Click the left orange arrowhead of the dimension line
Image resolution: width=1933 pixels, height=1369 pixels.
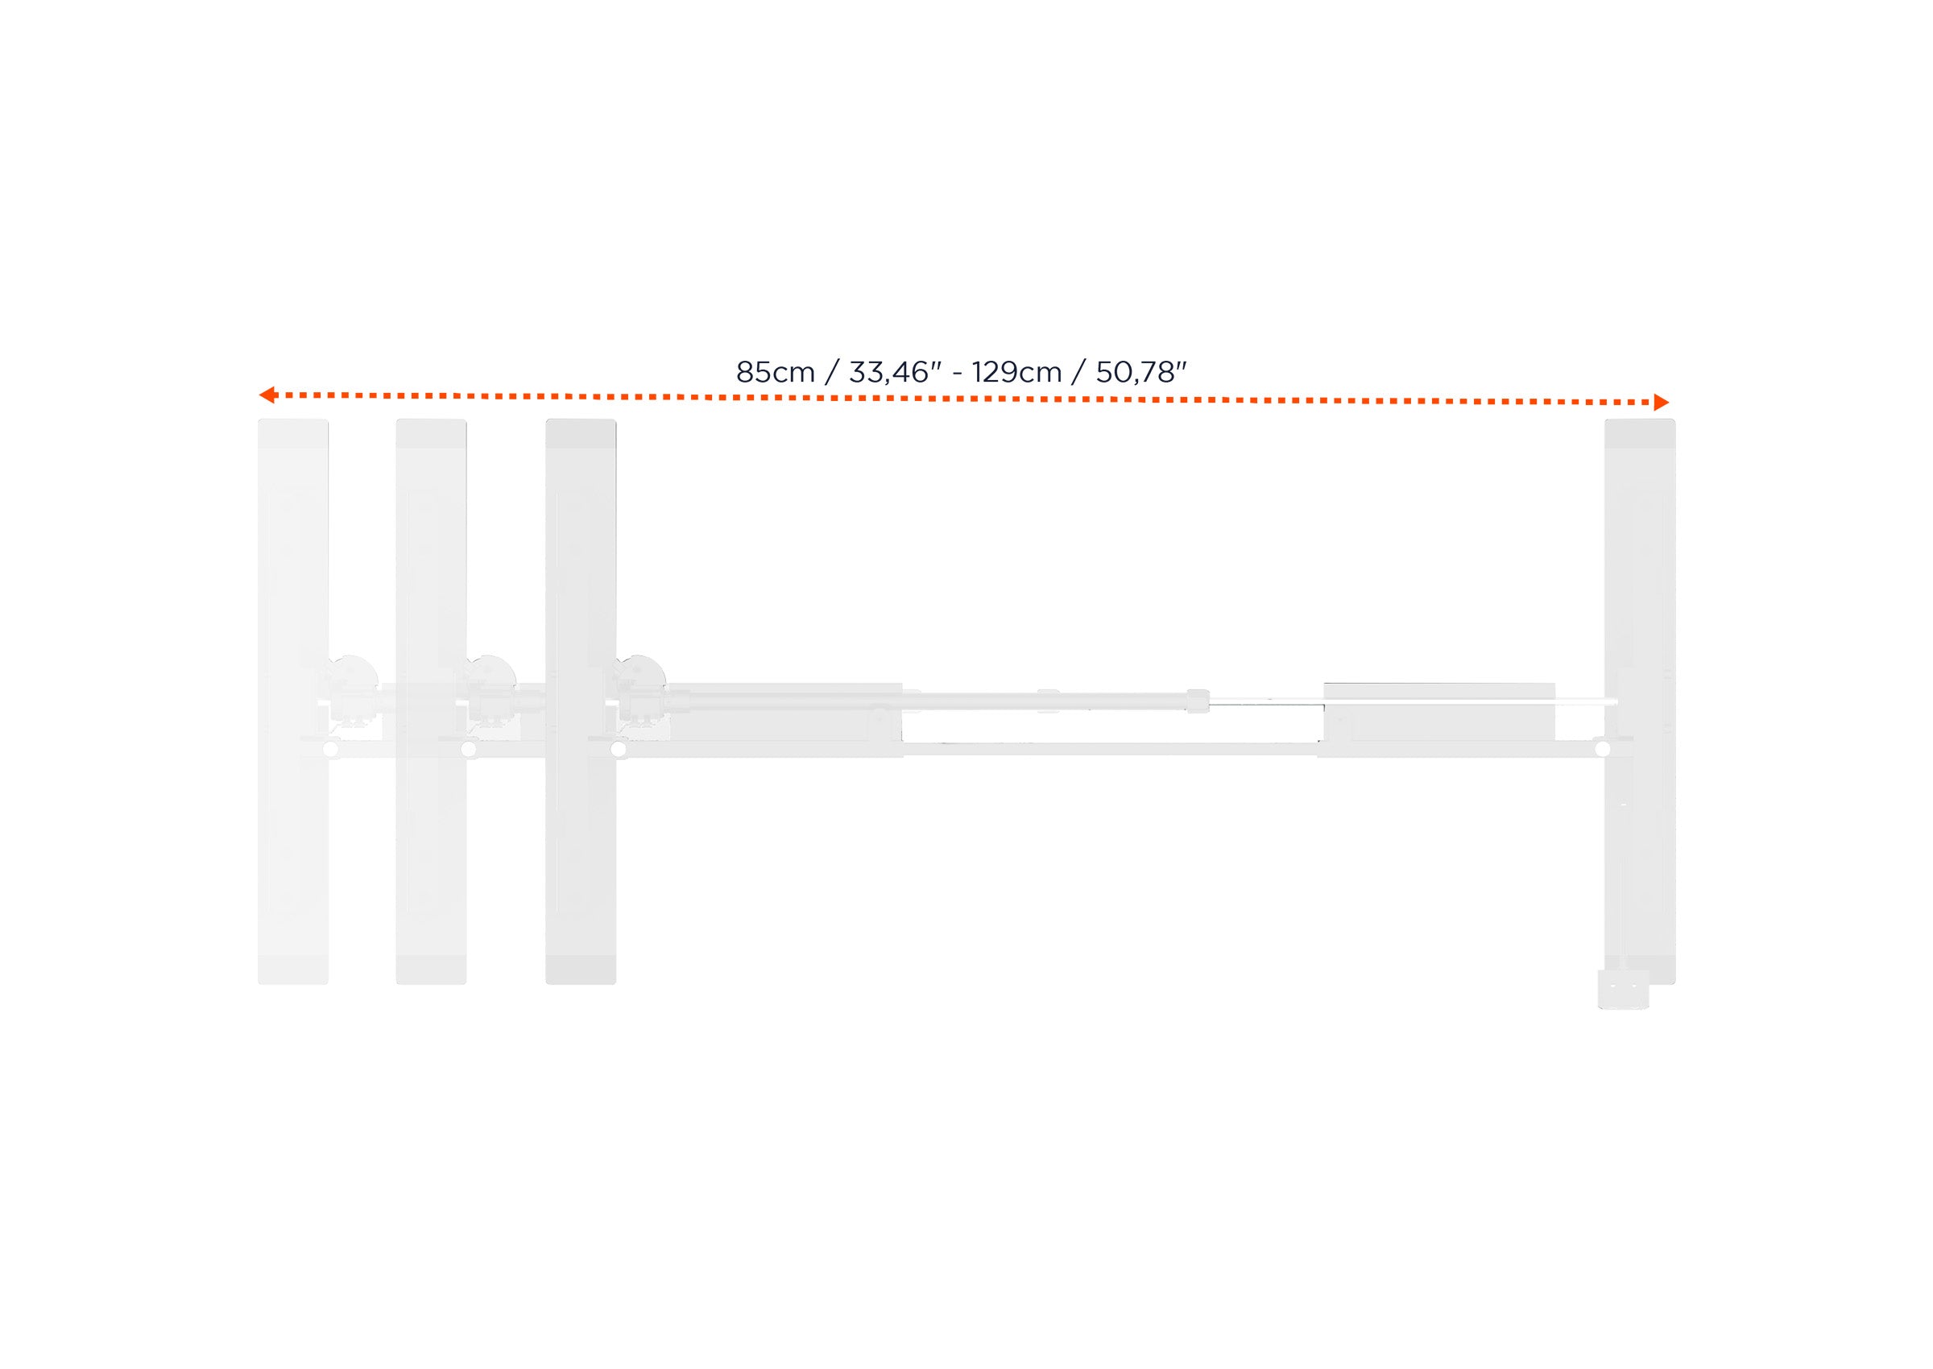click(267, 394)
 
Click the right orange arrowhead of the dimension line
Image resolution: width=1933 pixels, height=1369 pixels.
click(1661, 402)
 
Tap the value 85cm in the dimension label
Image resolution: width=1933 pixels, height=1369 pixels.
click(775, 372)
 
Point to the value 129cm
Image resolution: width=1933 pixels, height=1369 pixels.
click(1016, 372)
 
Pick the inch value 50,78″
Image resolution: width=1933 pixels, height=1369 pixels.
click(1140, 372)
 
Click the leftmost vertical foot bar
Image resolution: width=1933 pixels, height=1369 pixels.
click(292, 701)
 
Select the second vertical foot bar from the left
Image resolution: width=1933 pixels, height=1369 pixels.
click(431, 701)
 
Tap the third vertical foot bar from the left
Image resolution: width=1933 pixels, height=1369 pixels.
click(581, 701)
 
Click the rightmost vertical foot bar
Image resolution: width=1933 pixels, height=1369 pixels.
click(1640, 701)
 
